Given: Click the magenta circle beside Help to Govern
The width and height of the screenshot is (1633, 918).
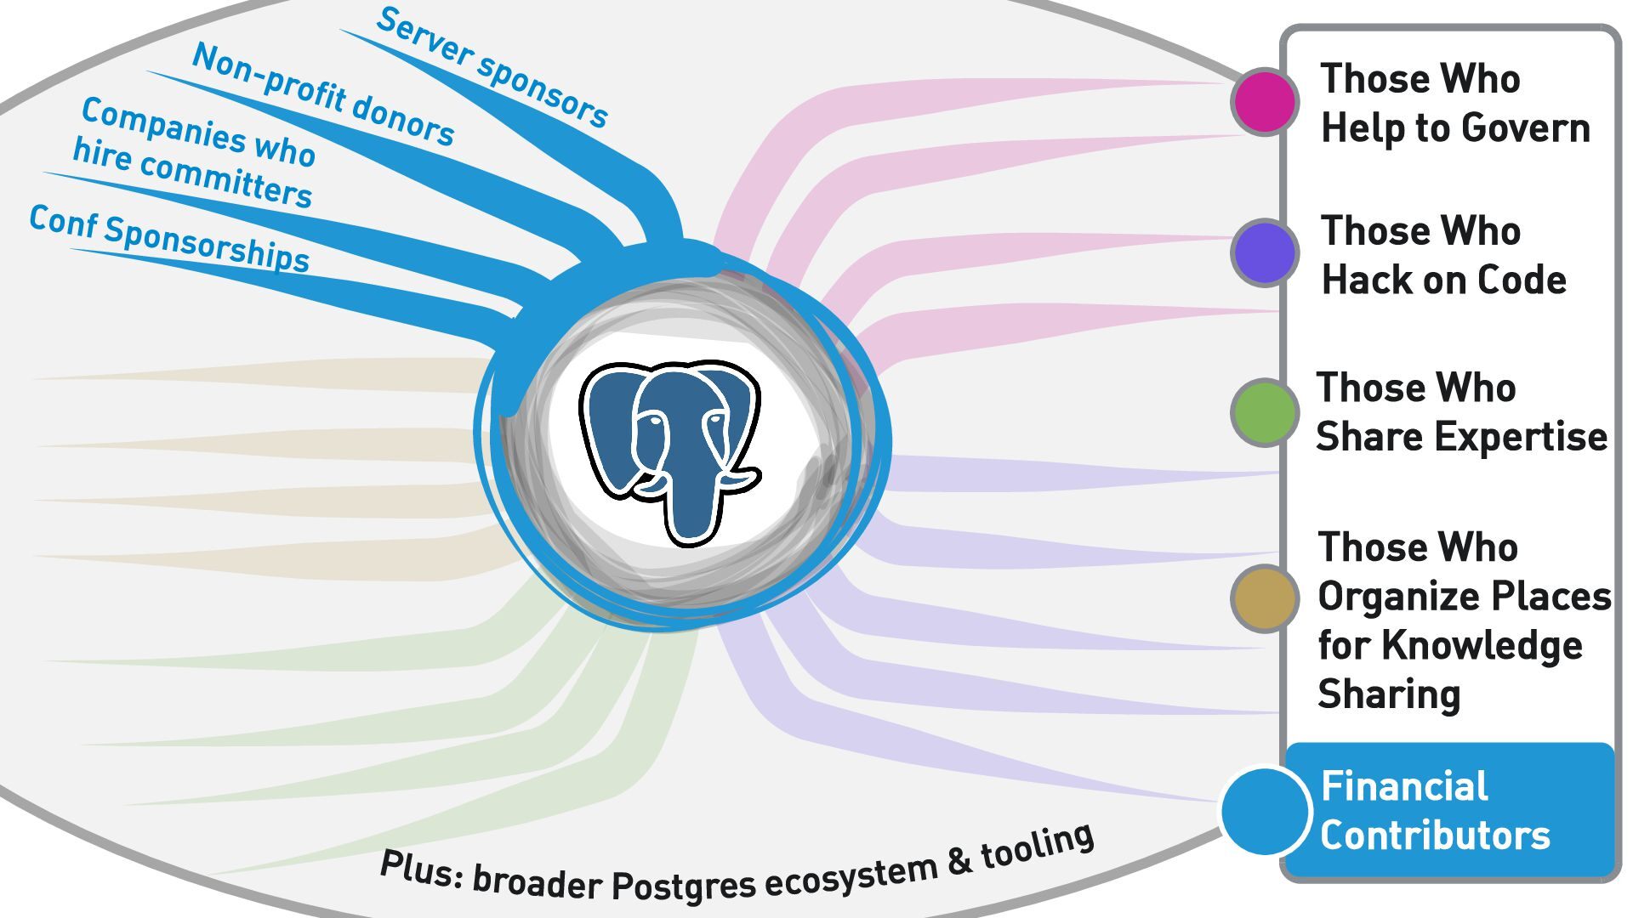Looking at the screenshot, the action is [1265, 102].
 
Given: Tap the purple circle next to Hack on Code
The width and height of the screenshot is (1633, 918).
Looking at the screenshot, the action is [1265, 252].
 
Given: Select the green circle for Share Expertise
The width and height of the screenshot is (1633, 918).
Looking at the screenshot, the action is [1265, 412].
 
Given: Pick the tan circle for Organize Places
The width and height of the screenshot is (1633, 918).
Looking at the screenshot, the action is [1265, 598].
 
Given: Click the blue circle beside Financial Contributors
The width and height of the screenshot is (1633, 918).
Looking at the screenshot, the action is [1265, 811].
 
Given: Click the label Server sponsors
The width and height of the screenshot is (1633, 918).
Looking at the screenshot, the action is [492, 68].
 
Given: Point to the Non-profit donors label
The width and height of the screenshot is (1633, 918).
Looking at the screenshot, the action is [323, 94].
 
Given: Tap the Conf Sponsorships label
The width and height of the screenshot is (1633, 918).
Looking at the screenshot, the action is [169, 239].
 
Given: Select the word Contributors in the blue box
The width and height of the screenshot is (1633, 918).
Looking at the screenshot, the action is [1436, 835].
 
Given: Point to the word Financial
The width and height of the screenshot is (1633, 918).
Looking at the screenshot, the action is [1404, 786].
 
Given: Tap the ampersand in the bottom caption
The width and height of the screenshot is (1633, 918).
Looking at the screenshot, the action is [959, 861].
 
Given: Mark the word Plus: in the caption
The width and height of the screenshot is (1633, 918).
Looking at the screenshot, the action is [421, 868].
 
